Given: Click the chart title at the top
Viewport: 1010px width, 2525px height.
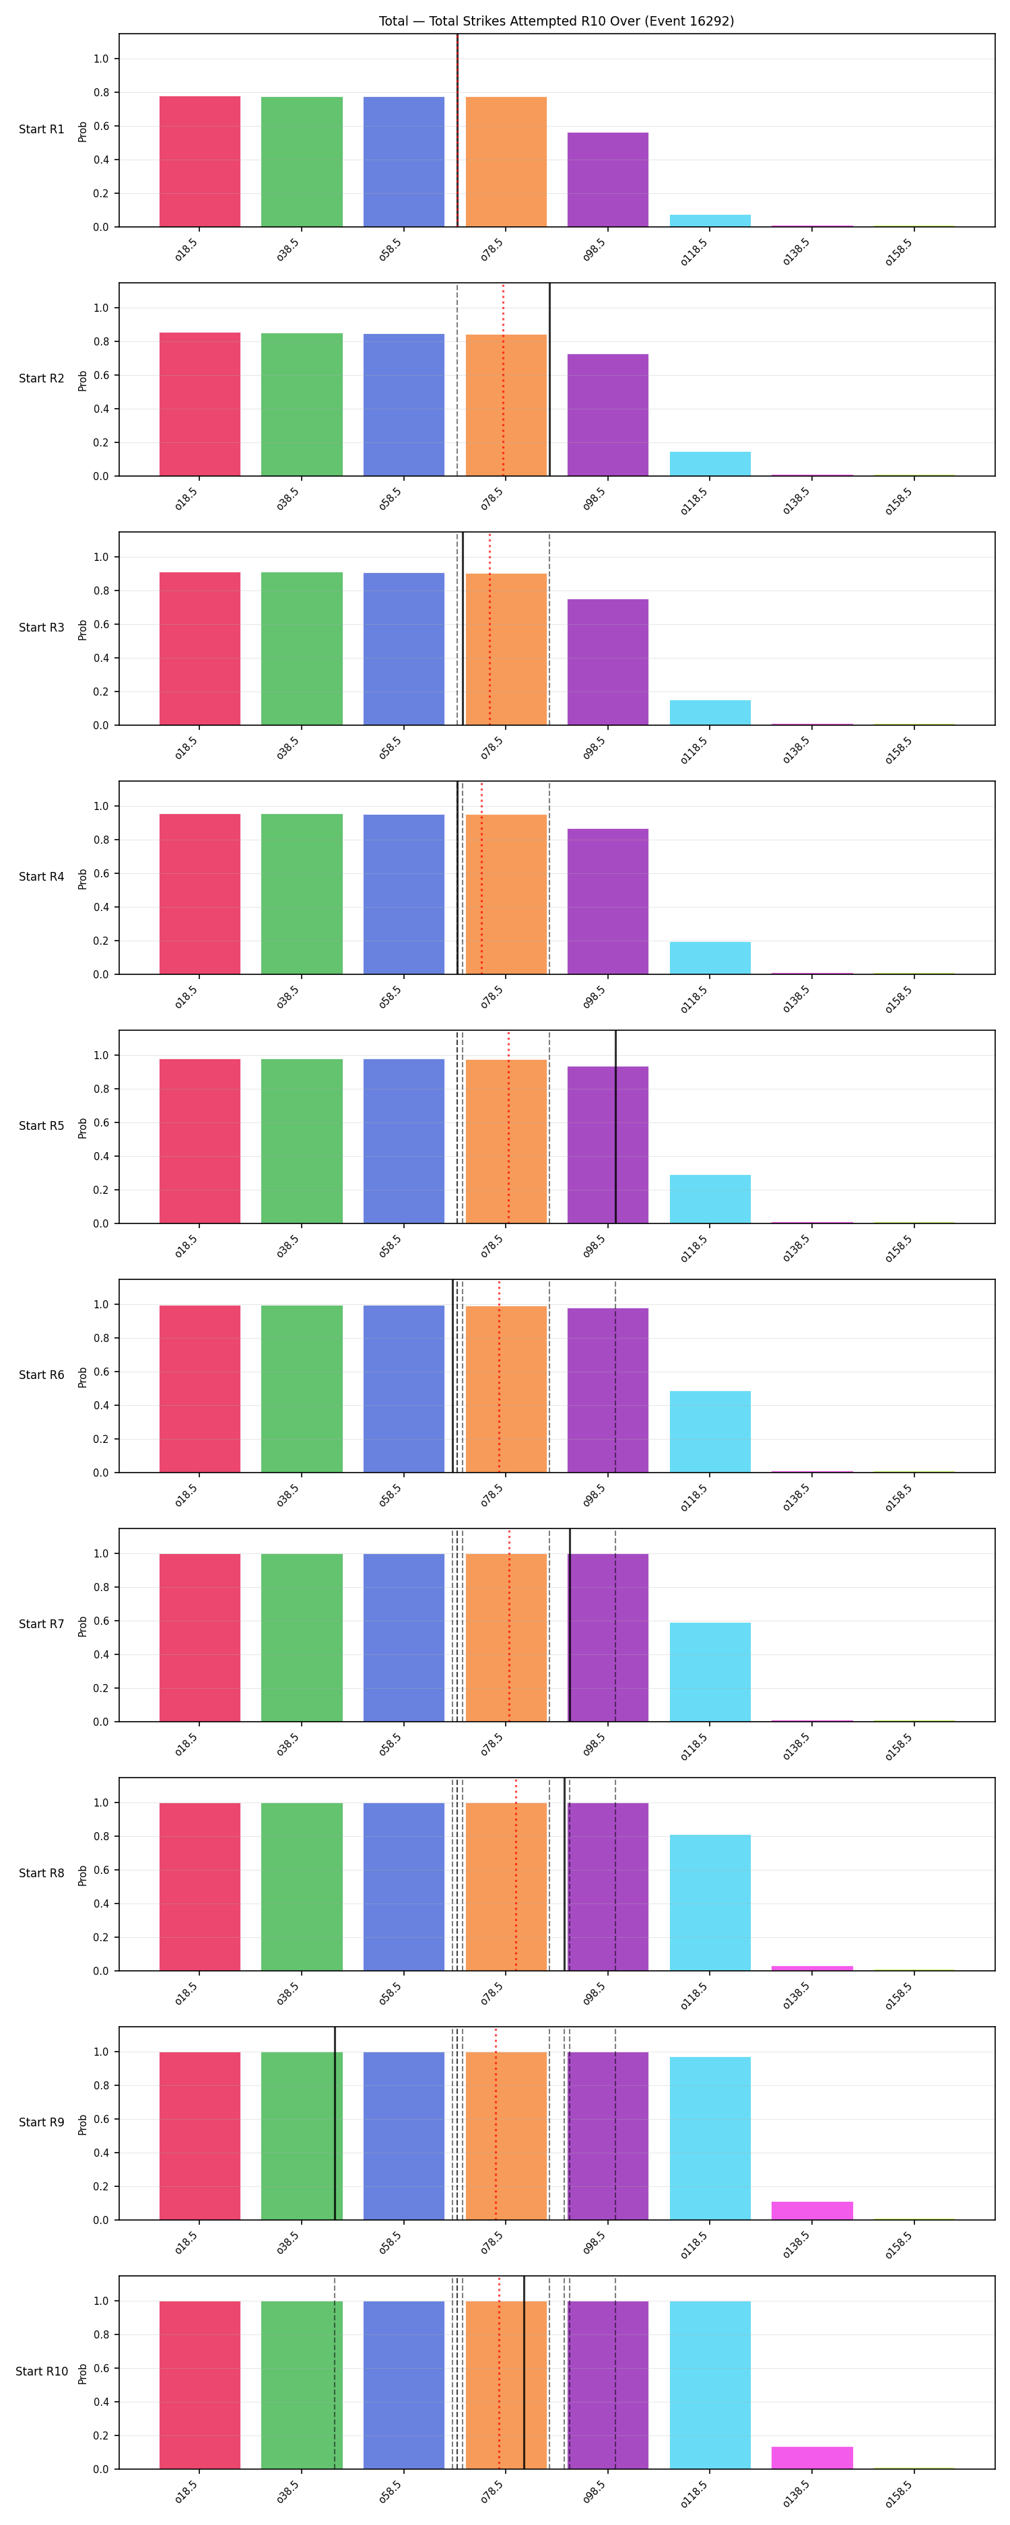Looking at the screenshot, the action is click(x=556, y=21).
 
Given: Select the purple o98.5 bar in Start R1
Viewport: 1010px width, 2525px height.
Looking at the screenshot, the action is click(x=608, y=179).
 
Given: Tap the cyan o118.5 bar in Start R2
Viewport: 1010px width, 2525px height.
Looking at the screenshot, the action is click(x=710, y=464).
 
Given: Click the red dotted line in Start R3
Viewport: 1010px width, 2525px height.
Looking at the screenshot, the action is click(x=490, y=628).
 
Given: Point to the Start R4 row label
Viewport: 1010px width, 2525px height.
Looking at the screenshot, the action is click(x=41, y=876).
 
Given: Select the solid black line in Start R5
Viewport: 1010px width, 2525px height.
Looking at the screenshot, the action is click(x=616, y=1126).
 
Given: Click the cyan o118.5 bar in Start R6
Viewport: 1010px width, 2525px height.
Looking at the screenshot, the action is click(x=710, y=1431).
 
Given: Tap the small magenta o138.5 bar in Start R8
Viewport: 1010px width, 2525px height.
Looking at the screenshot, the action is click(x=812, y=1967).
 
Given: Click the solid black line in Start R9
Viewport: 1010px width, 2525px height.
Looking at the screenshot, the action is click(x=335, y=2123).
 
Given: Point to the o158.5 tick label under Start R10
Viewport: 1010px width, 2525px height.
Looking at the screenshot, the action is click(x=898, y=2491).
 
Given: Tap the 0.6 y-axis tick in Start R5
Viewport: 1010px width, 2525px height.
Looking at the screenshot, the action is click(x=101, y=1122).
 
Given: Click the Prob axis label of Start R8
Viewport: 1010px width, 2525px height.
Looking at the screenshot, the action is click(x=82, y=1874).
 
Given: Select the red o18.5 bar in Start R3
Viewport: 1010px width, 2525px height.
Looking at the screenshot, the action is click(x=200, y=649).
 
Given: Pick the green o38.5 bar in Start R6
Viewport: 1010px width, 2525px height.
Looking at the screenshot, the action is click(x=302, y=1389).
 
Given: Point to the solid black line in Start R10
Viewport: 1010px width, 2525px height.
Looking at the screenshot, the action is click(x=524, y=2372).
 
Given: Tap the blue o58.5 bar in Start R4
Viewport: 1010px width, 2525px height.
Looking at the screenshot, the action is click(x=404, y=894).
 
